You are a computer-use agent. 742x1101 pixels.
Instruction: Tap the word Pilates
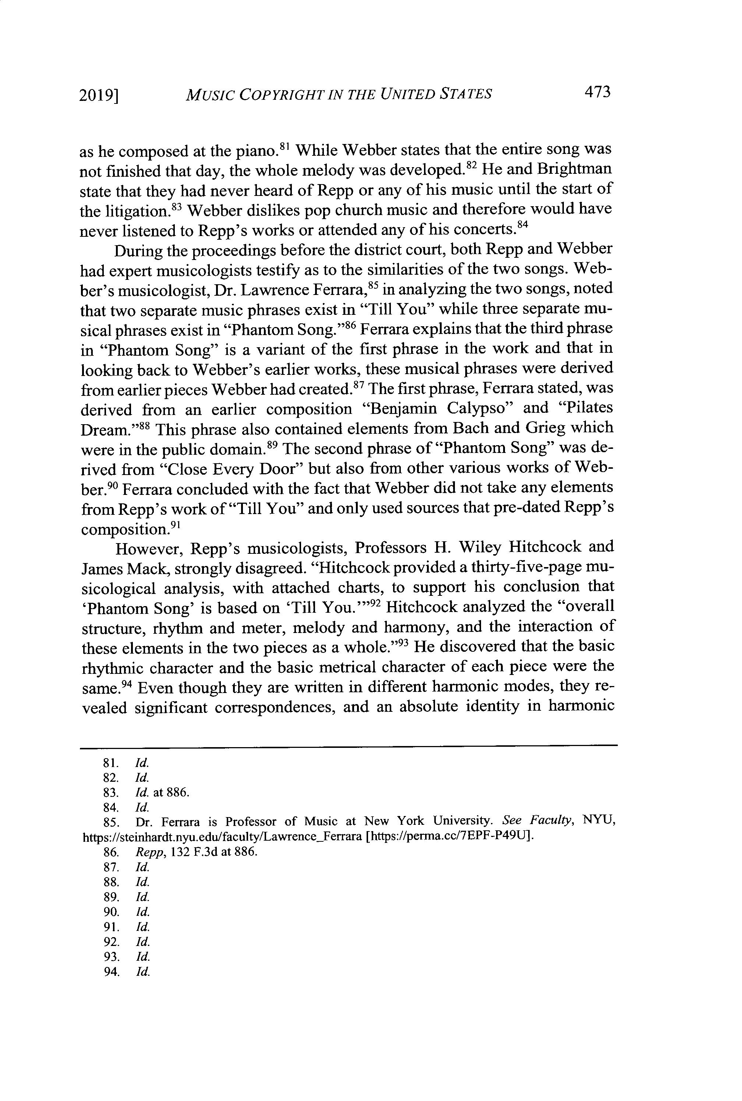click(587, 408)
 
